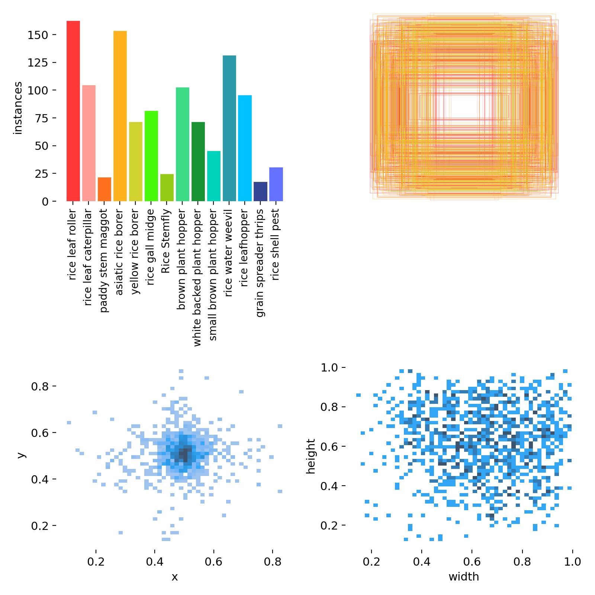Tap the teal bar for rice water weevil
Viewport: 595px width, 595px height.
[229, 128]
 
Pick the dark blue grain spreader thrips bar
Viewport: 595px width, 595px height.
[260, 192]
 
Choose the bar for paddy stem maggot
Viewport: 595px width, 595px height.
[104, 189]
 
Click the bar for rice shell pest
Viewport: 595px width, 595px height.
[276, 184]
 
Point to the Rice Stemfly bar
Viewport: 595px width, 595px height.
[167, 188]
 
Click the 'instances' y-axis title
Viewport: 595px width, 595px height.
[18, 108]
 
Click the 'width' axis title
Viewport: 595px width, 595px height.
[464, 577]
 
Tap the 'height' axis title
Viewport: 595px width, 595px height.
[311, 456]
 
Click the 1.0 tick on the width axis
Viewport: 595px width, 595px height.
[572, 562]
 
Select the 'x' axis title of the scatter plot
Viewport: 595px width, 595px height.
[174, 577]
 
